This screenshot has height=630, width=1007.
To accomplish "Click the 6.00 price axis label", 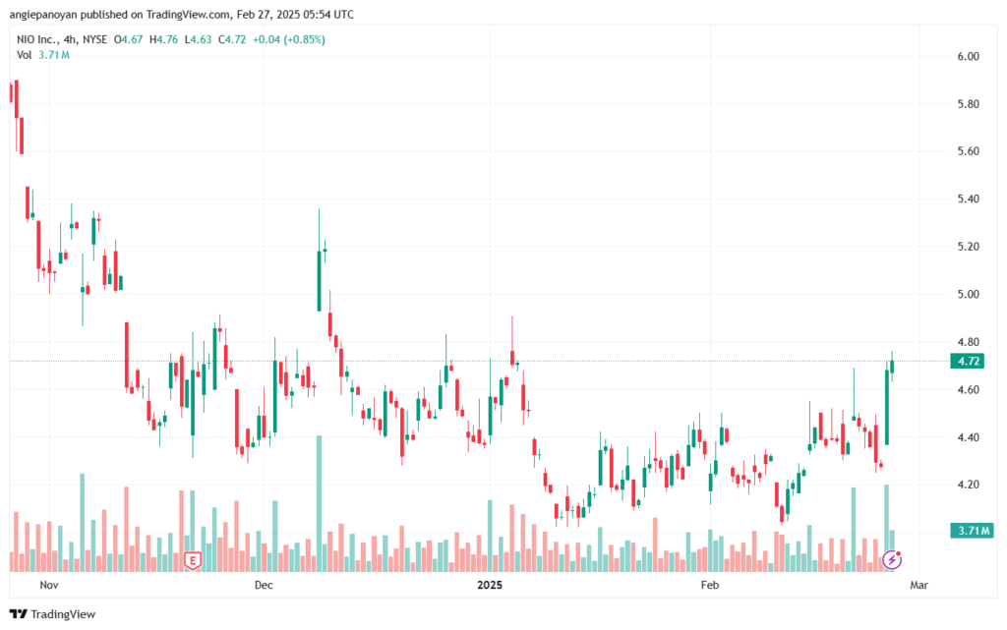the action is tap(968, 56).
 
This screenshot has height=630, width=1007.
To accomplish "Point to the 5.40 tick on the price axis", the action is tap(968, 199).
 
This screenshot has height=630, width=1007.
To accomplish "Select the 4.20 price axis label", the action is tap(968, 485).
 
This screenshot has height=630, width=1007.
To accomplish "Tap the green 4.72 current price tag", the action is tap(968, 361).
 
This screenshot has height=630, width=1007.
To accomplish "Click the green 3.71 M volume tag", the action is tap(972, 531).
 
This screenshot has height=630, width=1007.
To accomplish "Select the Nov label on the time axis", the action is tap(49, 585).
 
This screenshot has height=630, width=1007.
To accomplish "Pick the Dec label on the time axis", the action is tap(264, 585).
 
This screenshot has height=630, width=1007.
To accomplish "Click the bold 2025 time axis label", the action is tap(490, 585).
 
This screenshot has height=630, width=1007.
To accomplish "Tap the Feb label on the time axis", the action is tap(710, 585).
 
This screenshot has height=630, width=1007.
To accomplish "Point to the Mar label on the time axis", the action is tap(919, 585).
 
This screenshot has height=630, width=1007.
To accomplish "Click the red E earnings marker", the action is tap(192, 560).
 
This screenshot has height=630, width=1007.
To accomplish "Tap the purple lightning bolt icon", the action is tap(891, 560).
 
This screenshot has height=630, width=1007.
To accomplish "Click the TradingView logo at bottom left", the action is tap(53, 614).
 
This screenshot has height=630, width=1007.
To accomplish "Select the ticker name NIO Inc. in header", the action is tap(36, 39).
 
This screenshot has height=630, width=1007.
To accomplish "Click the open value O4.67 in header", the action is tap(128, 39).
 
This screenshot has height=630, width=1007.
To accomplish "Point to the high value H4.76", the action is tap(163, 39).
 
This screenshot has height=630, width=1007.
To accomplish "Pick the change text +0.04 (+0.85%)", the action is tap(288, 39).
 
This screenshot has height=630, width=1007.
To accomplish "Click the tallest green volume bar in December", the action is tap(319, 503).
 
